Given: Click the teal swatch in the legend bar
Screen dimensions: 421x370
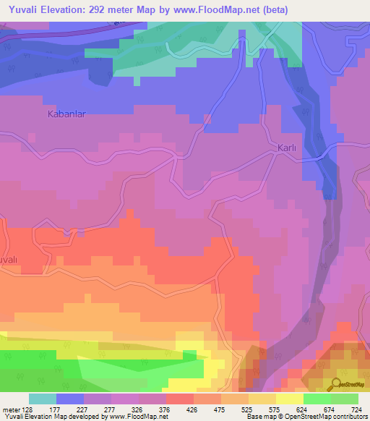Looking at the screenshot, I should point(42,399).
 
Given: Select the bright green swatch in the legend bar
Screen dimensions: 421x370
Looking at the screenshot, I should point(317,399).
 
